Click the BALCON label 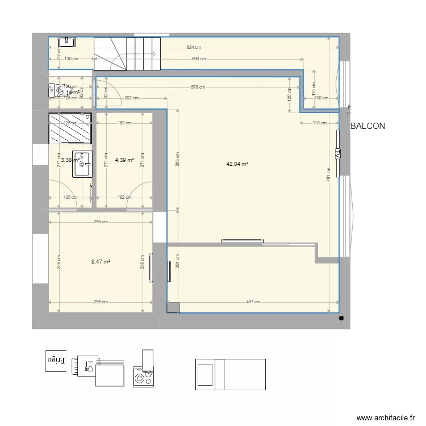coord(367,126)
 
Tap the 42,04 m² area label coord(237,164)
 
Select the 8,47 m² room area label coord(101,262)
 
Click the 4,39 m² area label coord(124,160)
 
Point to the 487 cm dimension coord(253,302)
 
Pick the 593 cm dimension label coord(198,59)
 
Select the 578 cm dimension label coord(198,87)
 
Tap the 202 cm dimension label coord(131,98)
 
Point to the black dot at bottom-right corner coord(341,318)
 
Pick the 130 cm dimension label coord(72,59)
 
